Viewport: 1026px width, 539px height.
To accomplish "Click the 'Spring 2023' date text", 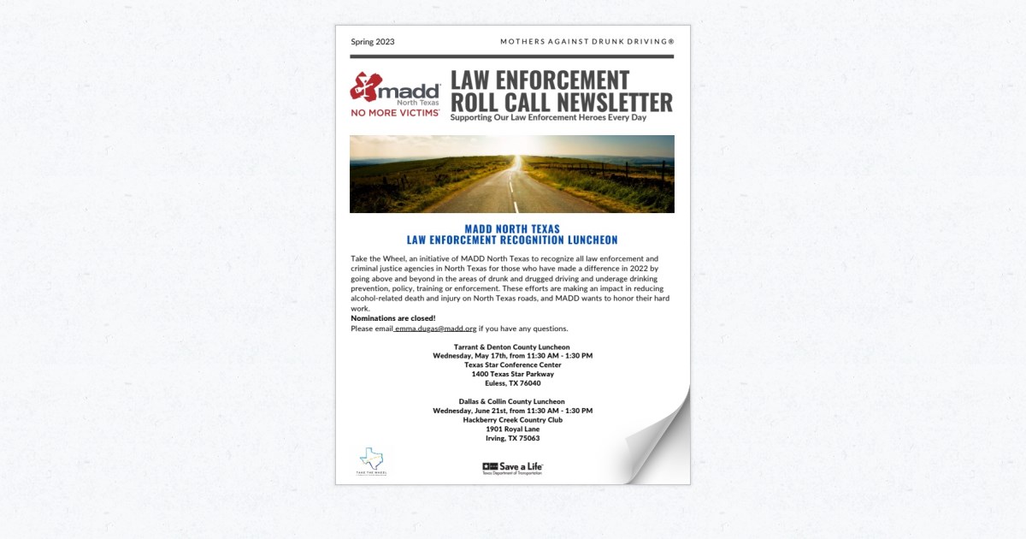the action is (x=373, y=42).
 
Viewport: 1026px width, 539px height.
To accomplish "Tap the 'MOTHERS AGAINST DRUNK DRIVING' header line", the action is (x=587, y=42).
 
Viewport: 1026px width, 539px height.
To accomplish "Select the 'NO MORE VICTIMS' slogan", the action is (x=395, y=113).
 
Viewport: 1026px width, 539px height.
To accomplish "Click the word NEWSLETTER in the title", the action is (x=612, y=103).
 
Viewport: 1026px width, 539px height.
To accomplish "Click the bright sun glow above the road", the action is (x=515, y=159).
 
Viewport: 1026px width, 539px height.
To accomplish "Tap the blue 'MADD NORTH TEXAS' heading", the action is (x=512, y=229).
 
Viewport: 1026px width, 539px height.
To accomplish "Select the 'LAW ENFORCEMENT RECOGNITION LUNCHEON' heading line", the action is (x=512, y=240).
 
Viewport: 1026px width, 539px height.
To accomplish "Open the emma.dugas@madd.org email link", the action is (x=435, y=329).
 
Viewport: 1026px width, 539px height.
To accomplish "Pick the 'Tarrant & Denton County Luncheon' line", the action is (x=512, y=347).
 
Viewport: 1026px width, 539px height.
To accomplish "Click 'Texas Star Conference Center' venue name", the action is (x=512, y=364).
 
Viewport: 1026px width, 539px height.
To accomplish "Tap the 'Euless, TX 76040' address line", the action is (x=512, y=383).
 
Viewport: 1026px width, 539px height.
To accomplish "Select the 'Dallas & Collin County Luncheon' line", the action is (x=512, y=401).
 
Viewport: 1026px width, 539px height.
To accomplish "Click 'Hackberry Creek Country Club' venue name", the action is (x=512, y=420).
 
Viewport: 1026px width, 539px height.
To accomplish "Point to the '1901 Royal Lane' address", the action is (x=512, y=429).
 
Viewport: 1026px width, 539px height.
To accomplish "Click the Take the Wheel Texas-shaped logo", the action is (x=372, y=461).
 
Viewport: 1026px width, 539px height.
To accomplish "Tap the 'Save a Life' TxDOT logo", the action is (x=513, y=467).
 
